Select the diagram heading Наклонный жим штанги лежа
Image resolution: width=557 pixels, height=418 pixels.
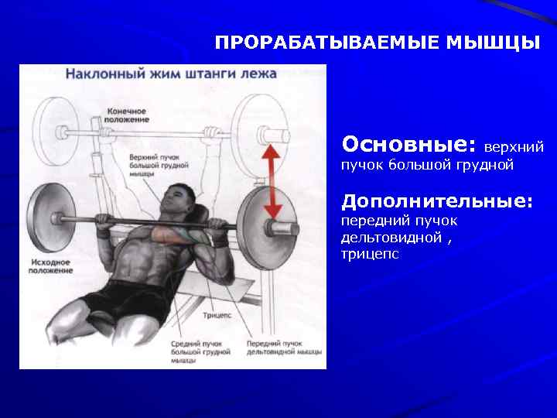171,75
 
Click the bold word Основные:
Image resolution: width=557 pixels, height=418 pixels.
409,145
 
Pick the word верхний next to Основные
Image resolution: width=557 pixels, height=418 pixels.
514,146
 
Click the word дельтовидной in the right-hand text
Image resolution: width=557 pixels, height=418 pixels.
391,237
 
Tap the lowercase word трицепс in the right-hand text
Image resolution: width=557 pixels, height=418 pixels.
370,253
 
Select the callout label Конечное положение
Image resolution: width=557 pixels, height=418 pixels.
127,115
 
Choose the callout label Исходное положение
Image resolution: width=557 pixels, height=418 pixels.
52,267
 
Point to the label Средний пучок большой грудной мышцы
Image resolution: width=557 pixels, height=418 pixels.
200,351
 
